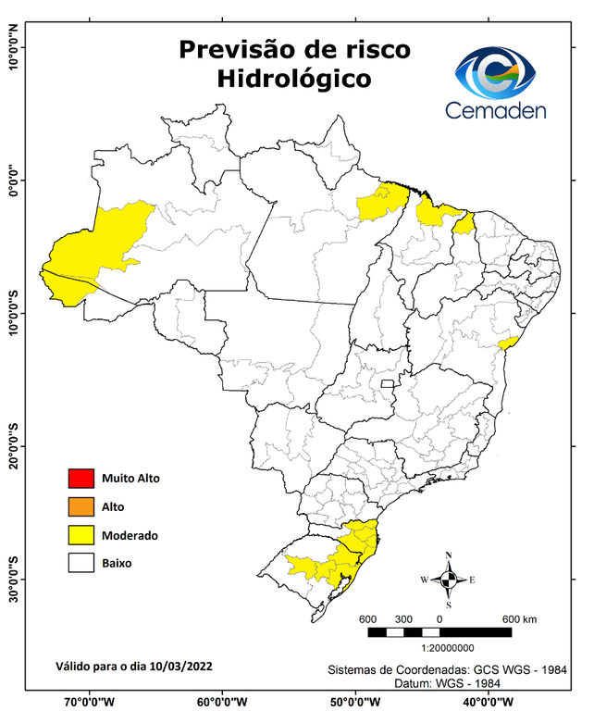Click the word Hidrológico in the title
[294, 79]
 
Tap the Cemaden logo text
[496, 111]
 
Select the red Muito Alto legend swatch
[81, 479]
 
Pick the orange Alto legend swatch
[81, 506]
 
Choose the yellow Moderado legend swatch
[81, 534]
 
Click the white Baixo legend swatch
[81, 562]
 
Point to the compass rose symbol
[449, 580]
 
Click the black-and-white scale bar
[439, 631]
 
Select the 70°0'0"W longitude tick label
[90, 701]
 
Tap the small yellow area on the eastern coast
[507, 343]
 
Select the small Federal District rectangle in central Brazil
[387, 381]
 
